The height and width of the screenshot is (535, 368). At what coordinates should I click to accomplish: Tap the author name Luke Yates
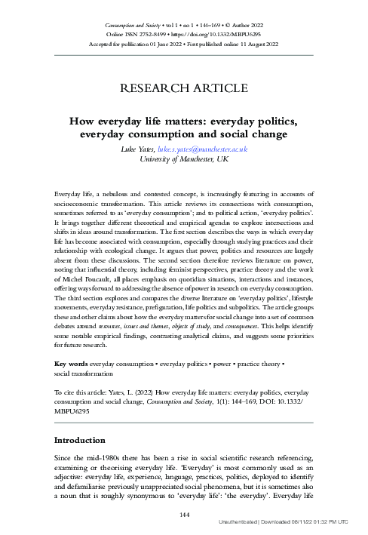pyautogui.click(x=146, y=149)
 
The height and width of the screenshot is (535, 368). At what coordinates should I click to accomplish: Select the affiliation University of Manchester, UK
pyautogui.click(x=184, y=159)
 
